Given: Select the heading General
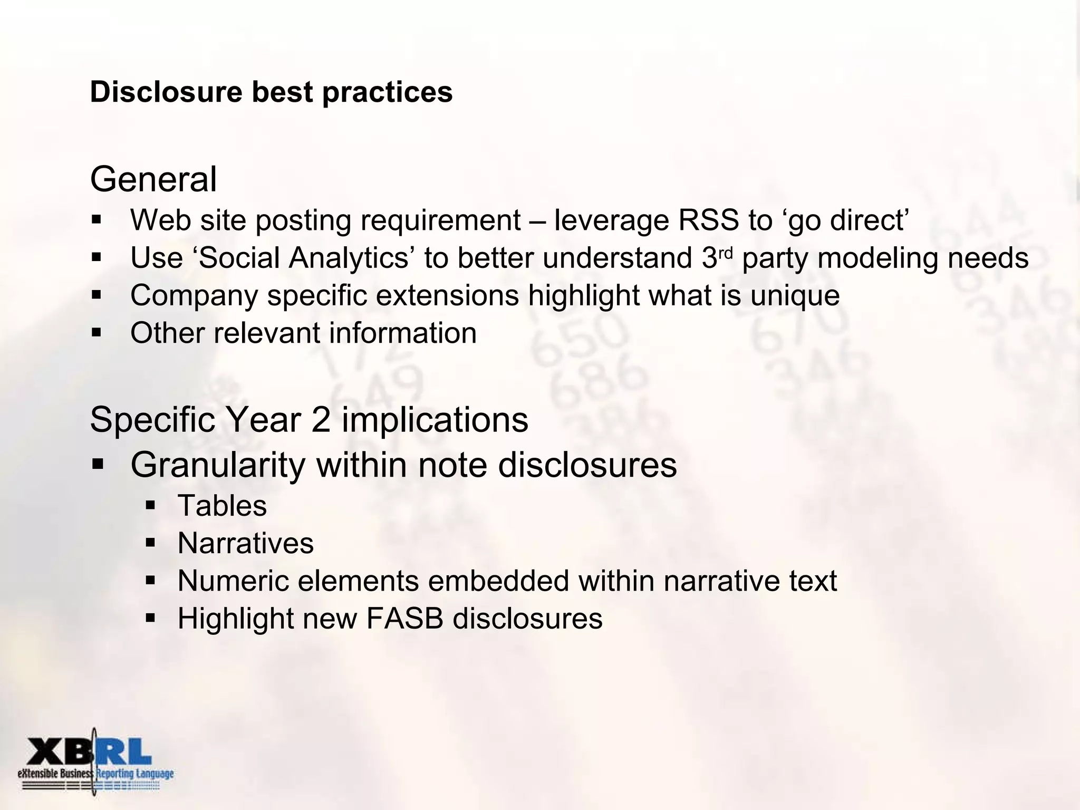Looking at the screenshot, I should pos(153,179).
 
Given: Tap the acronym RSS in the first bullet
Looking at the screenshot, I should pos(708,220).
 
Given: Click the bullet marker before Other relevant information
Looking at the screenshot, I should pos(96,333).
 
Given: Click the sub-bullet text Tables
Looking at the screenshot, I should pos(222,506).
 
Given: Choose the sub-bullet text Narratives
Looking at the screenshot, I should pos(246,543).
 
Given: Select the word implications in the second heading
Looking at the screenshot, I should pos(435,420).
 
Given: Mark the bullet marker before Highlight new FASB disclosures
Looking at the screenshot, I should pos(150,618).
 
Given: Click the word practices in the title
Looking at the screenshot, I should pos(387,92).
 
